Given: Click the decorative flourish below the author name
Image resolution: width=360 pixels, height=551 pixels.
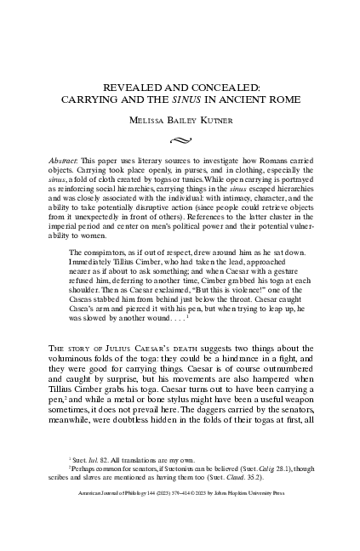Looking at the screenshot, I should (180, 135).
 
